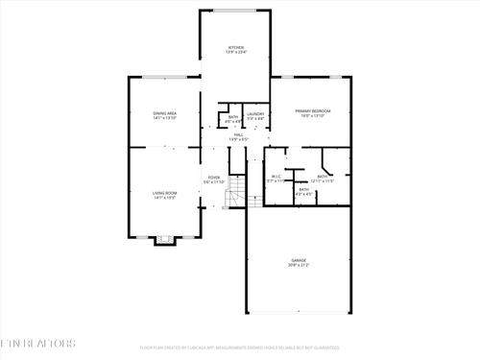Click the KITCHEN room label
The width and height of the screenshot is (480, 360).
click(235, 47)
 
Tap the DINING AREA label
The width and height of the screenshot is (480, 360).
click(165, 113)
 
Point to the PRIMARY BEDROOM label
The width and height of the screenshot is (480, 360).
click(313, 110)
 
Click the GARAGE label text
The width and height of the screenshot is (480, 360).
click(300, 260)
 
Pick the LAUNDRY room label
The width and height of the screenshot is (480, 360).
click(254, 114)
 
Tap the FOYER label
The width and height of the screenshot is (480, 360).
click(214, 178)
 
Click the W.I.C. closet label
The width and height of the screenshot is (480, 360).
click(275, 176)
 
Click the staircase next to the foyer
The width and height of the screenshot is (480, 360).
click(237, 199)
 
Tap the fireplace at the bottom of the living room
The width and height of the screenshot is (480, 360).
click(165, 240)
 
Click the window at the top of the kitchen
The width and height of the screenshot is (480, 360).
click(235, 11)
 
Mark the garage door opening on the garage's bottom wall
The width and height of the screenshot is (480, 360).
click(300, 313)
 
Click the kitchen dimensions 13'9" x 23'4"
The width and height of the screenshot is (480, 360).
click(235, 53)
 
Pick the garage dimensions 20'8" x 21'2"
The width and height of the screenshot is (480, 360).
click(300, 266)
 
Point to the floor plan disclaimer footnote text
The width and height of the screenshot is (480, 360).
click(240, 348)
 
